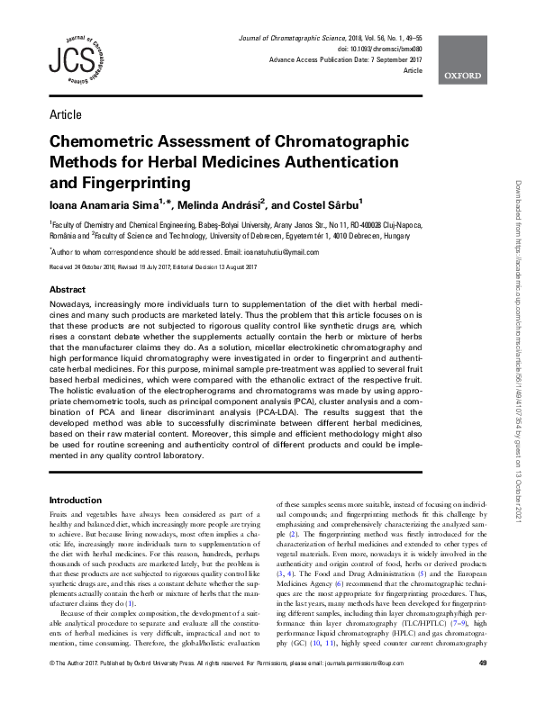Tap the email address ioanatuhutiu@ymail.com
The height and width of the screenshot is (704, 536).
click(275, 253)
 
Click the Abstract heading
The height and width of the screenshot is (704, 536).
click(68, 291)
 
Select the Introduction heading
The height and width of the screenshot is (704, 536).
click(75, 500)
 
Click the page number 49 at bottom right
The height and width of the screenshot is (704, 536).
click(482, 690)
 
